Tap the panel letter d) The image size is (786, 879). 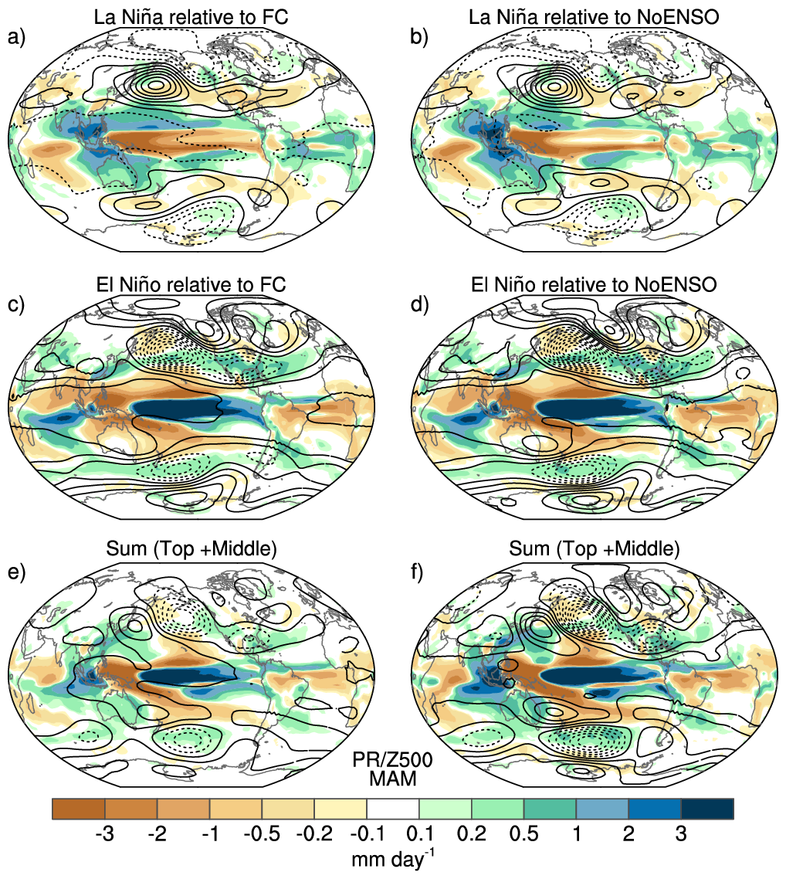419,304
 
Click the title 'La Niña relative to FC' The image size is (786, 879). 191,16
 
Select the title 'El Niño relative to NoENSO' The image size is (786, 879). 594,284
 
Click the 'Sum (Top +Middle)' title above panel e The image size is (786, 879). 191,549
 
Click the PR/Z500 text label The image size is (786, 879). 392,759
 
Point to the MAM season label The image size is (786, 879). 392,779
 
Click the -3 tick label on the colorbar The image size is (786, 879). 104,835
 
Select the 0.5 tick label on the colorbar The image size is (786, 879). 523,835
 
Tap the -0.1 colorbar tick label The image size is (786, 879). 367,835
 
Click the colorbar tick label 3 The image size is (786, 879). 681,835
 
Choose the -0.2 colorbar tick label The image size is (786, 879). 315,835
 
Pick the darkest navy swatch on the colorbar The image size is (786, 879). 707,809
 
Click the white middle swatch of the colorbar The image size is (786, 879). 393,809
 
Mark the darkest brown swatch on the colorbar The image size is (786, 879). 79,809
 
